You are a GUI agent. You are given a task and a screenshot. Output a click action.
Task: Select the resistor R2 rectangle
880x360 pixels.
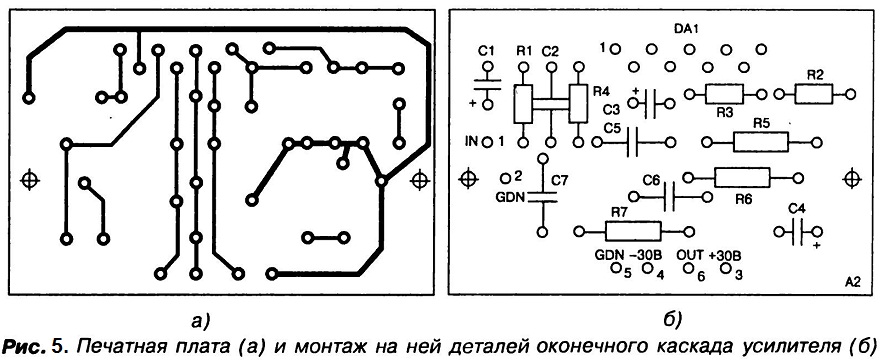pos(814,94)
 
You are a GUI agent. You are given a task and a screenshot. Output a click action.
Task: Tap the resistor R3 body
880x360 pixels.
pos(724,94)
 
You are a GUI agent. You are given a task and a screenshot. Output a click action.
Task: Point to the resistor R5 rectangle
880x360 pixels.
pos(760,142)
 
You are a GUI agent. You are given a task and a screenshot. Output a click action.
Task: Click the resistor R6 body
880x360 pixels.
pos(742,178)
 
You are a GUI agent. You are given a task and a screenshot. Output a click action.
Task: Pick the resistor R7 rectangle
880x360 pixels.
pos(633,231)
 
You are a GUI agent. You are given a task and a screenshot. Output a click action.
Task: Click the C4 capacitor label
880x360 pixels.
pos(797,209)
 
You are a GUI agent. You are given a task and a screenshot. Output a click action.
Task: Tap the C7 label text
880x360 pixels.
pos(560,181)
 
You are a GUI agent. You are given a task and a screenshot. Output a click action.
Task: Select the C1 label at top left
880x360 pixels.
pos(486,52)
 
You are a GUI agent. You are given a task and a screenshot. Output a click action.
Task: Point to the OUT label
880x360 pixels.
pos(690,254)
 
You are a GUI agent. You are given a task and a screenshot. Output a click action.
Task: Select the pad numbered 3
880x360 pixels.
pos(725,268)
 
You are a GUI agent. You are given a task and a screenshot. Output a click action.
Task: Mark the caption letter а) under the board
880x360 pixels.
pos(200,321)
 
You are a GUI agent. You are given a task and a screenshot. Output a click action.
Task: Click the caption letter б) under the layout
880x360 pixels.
pos(672,321)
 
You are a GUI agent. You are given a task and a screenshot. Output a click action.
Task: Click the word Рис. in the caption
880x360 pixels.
pos(25,344)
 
